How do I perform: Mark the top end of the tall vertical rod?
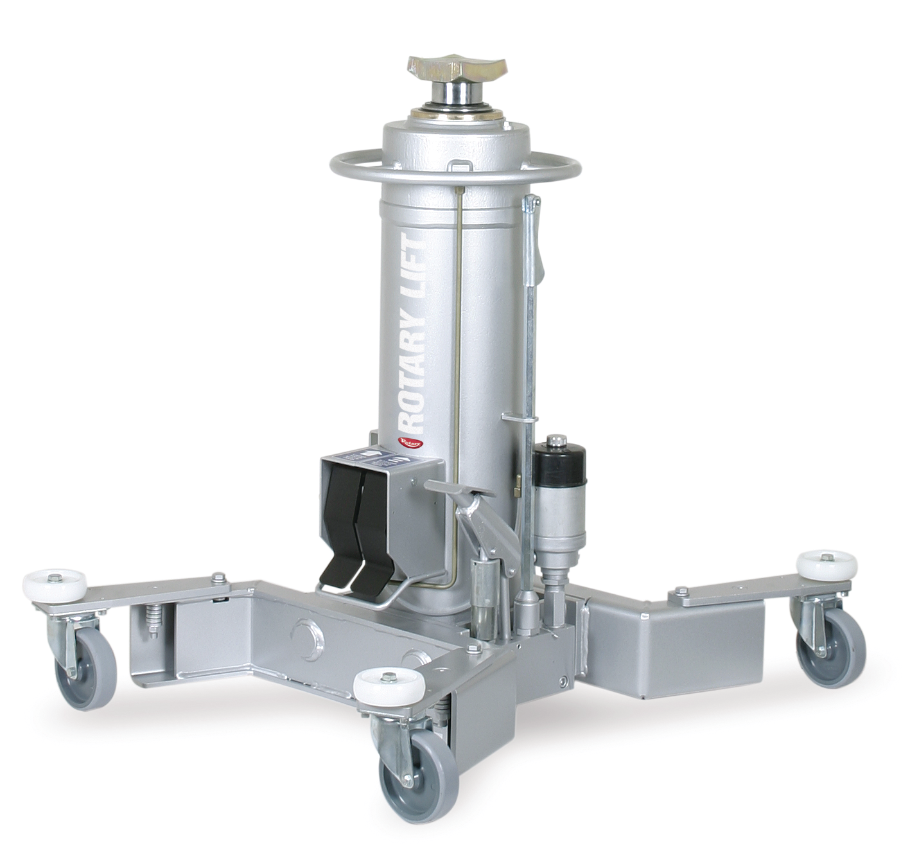point(531,204)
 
